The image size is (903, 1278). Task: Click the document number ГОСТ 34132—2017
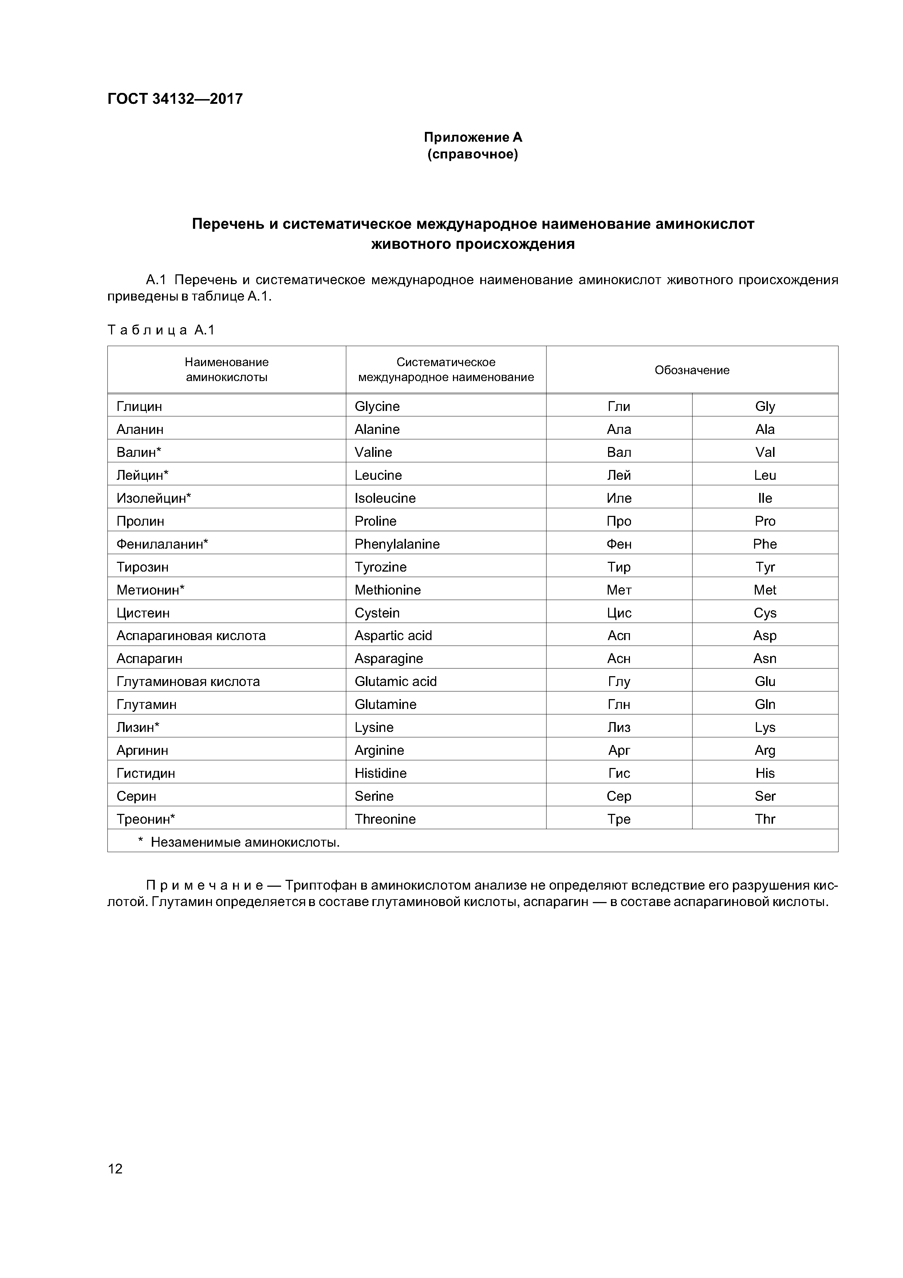coord(175,99)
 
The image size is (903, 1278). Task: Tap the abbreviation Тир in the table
coord(619,567)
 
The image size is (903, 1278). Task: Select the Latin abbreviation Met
coord(765,590)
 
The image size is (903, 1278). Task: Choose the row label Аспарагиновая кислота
coord(191,636)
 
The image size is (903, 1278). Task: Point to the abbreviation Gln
coord(765,704)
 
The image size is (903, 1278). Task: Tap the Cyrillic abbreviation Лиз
coord(619,728)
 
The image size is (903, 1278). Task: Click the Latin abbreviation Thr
coord(765,819)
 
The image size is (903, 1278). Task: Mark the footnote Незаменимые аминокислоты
coord(245,842)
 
